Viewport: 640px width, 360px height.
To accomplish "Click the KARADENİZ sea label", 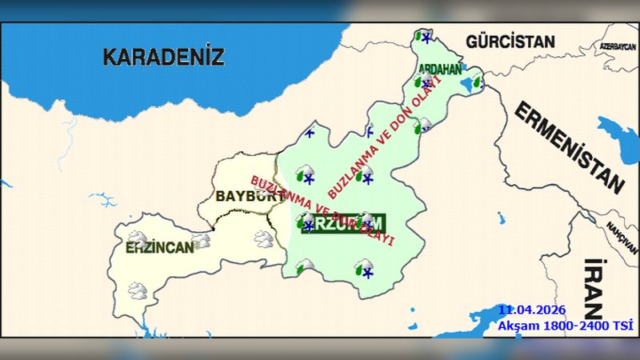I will pos(164,57).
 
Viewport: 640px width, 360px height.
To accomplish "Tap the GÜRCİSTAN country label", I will pos(510,41).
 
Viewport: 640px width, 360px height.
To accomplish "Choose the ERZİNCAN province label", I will pos(159,247).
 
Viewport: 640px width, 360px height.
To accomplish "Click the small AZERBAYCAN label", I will pos(618,47).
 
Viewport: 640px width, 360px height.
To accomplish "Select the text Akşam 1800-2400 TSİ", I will pos(565,325).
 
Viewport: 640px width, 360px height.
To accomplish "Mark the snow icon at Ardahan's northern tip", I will pos(424,37).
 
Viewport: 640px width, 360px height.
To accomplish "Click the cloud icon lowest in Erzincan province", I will pos(137,290).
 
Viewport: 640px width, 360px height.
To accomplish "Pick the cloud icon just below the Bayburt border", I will pos(263,238).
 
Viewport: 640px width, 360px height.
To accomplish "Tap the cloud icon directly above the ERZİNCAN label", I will pos(138,237).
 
